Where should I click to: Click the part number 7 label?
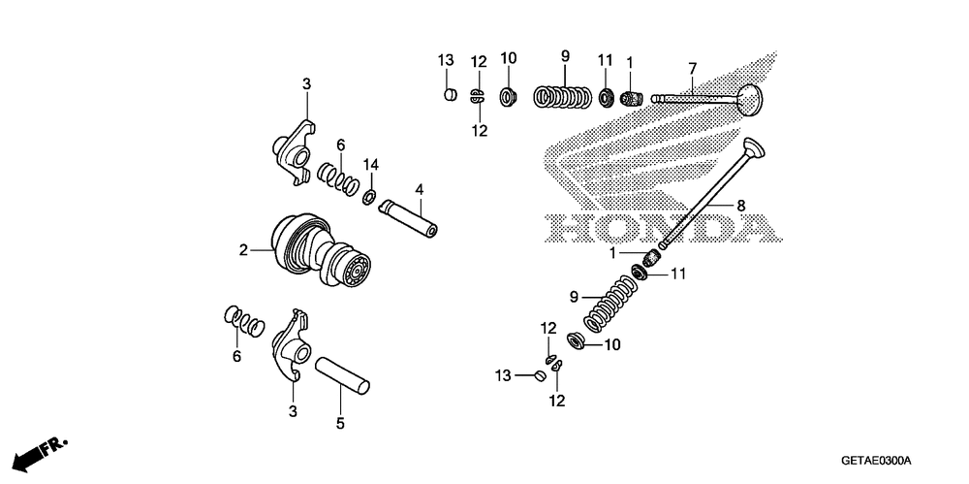693,68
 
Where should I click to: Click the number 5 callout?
339,423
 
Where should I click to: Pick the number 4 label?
420,188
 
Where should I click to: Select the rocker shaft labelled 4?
411,218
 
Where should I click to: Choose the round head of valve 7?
749,98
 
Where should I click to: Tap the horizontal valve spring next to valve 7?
565,98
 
